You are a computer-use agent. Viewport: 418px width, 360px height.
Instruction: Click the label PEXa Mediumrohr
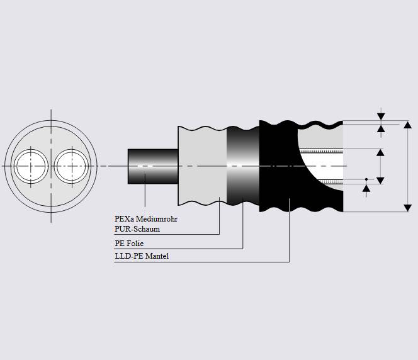[x=146, y=220]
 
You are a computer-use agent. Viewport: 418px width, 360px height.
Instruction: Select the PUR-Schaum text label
[x=137, y=229]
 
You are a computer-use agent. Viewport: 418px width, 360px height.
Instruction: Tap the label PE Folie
[x=131, y=244]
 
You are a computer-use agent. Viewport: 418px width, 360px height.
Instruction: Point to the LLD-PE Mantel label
[x=142, y=256]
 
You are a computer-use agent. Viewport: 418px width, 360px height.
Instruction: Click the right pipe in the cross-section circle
[x=69, y=166]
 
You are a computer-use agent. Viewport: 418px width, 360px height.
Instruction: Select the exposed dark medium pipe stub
[x=153, y=166]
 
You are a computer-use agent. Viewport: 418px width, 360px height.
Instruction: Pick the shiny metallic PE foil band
[x=242, y=166]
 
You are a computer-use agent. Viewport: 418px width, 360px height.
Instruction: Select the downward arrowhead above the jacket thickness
[x=380, y=116]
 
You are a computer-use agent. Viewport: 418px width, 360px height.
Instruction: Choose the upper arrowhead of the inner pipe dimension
[x=380, y=152]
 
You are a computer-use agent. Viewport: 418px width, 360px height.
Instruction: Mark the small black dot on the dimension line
[x=366, y=179]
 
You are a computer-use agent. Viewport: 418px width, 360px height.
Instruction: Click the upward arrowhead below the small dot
[x=366, y=188]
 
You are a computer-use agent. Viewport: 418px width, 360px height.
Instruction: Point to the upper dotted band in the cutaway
[x=321, y=151]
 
